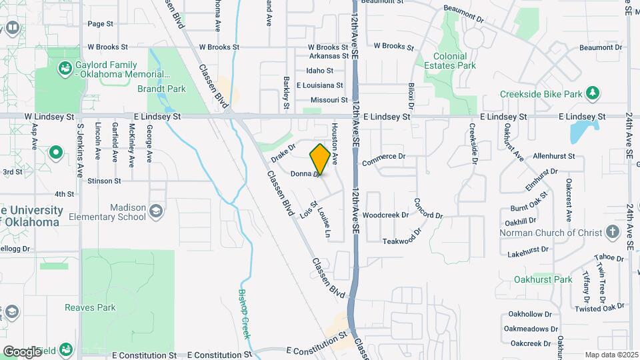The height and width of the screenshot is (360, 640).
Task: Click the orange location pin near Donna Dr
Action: tap(320, 159)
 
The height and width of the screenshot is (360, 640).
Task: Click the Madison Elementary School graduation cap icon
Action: tap(156, 212)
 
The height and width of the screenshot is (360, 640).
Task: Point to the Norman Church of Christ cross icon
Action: tap(613, 233)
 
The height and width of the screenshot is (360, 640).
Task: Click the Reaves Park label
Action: tap(90, 307)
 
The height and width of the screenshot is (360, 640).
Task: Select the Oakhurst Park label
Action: tap(543, 279)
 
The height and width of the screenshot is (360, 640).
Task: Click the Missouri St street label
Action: tap(321, 98)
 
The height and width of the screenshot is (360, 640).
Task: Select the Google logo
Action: tap(22, 351)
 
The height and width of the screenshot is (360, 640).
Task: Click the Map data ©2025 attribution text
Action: tap(611, 355)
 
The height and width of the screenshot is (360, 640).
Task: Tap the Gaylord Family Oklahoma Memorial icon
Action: tap(65, 67)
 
